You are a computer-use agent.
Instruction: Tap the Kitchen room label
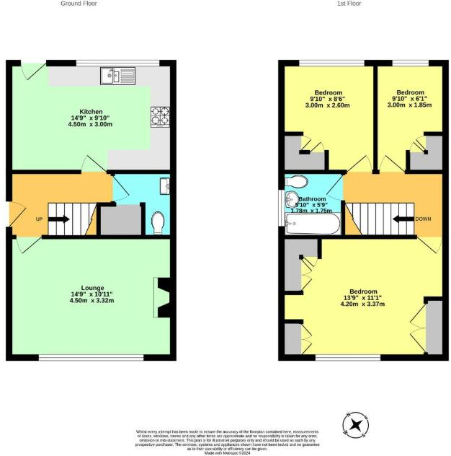[91, 112]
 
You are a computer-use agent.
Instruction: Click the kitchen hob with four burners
[159, 115]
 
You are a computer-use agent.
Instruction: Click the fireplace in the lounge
[164, 297]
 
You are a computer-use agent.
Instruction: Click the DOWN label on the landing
[423, 218]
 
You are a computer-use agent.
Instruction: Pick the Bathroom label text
[313, 199]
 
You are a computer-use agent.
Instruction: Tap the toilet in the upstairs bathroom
[297, 181]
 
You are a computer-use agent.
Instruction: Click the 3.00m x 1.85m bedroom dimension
[411, 105]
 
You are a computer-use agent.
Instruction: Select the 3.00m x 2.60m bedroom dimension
[329, 105]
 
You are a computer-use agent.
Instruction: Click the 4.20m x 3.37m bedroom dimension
[364, 304]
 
